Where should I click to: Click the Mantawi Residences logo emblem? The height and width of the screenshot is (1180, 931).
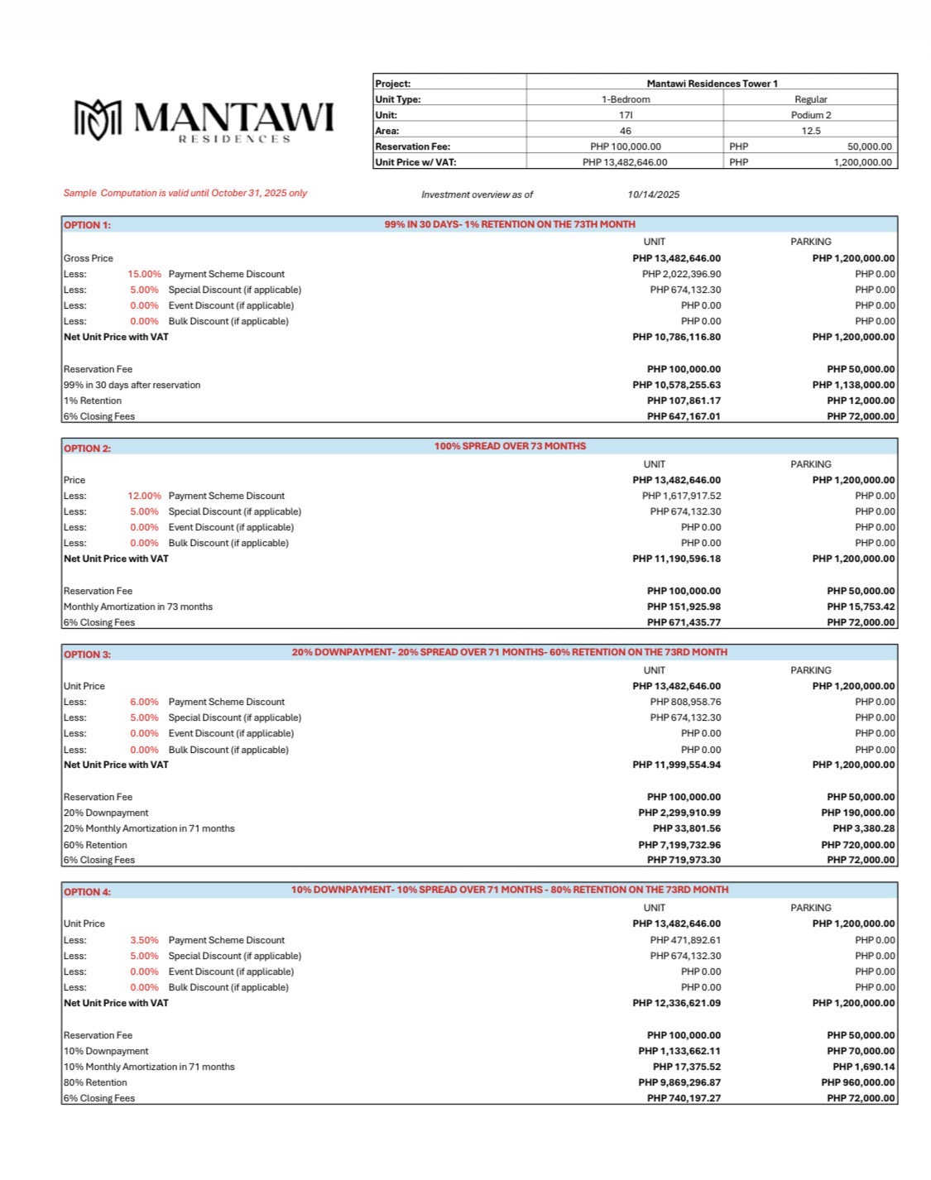pos(98,119)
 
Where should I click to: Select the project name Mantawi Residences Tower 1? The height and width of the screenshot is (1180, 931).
pos(712,84)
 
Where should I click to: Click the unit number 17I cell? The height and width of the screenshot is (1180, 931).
pos(626,115)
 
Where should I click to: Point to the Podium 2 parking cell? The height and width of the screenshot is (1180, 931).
pos(810,115)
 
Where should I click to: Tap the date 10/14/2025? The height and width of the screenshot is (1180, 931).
pos(653,194)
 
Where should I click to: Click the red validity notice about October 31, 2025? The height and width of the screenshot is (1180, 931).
pos(185,193)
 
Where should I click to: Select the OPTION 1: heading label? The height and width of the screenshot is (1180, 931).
pos(87,225)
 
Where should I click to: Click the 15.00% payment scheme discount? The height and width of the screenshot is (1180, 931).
pos(144,274)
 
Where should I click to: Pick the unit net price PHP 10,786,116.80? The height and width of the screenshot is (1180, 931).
pos(676,337)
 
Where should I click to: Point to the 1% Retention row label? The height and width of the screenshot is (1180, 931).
pos(93,401)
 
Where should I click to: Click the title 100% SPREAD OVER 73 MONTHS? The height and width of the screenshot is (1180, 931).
pos(510,446)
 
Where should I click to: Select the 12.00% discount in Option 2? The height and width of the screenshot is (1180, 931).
pos(144,496)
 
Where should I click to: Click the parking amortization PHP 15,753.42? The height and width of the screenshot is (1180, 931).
pos(861,607)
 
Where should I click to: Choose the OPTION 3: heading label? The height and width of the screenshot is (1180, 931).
pos(87,655)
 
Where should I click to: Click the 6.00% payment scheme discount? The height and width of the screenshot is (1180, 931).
pos(144,702)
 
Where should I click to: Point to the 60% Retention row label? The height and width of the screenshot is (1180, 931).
pos(95,845)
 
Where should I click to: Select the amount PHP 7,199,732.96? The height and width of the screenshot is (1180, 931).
pos(679,845)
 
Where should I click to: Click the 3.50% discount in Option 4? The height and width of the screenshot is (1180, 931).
pos(144,940)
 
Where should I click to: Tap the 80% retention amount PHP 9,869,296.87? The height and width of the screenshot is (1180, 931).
pos(679,1082)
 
